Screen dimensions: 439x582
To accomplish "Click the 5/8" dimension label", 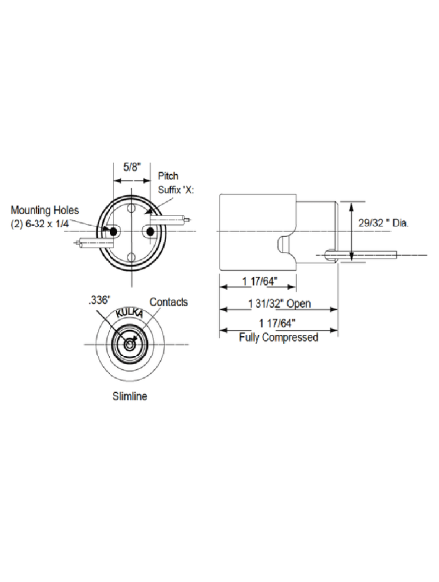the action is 132,167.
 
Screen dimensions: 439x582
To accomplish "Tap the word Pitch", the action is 168,176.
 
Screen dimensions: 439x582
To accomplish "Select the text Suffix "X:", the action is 177,190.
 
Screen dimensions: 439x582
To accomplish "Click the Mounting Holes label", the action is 44,210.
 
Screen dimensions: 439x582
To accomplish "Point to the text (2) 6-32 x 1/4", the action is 39,225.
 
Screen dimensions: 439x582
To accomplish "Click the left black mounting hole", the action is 113,232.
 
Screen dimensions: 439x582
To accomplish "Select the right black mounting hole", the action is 150,232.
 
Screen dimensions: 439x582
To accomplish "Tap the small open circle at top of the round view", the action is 131,208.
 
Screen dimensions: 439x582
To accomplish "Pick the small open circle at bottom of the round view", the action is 131,257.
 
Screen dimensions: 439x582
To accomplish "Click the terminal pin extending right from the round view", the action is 171,220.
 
